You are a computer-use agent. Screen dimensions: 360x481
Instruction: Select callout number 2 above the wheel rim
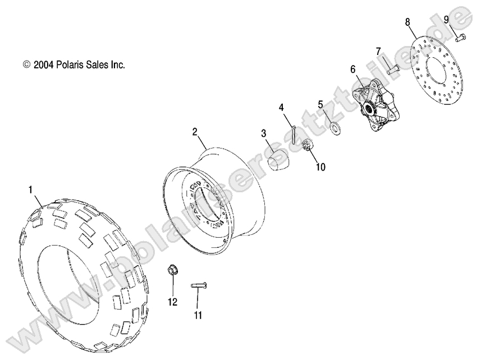click(194, 132)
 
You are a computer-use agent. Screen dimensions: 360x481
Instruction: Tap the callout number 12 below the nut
click(172, 302)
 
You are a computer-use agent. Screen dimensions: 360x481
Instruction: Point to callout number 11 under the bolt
click(197, 316)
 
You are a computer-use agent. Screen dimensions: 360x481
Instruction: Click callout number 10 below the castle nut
click(320, 167)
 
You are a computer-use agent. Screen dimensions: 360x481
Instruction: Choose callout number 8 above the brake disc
click(407, 22)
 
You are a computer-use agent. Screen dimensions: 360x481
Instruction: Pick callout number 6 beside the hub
click(353, 70)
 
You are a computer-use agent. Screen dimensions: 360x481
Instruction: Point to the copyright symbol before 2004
click(27, 65)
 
